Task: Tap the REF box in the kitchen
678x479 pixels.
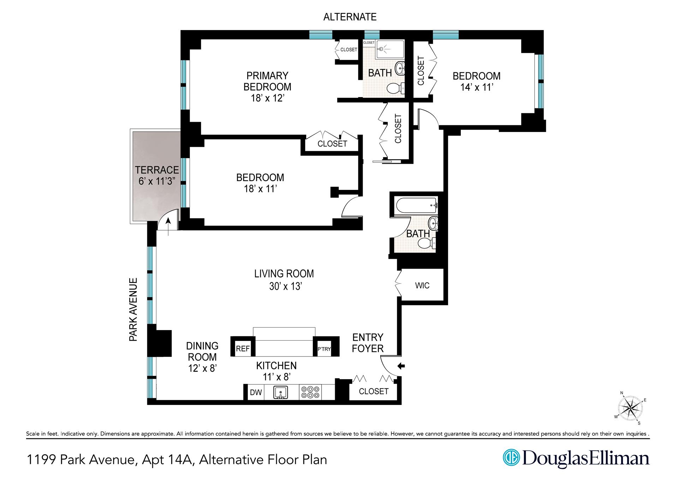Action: (x=243, y=349)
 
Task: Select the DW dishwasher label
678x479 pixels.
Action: (x=256, y=392)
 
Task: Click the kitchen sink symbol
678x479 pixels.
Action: (x=281, y=393)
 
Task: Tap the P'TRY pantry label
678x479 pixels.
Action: (x=324, y=349)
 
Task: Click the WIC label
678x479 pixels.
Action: (x=422, y=285)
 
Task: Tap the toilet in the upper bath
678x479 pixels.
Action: (x=396, y=88)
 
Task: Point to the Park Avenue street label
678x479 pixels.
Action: (x=133, y=310)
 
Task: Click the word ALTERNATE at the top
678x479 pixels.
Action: (x=350, y=17)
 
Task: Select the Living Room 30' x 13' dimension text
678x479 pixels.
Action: (x=285, y=286)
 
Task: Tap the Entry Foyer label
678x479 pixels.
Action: (x=368, y=343)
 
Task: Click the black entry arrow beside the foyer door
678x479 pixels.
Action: (x=401, y=366)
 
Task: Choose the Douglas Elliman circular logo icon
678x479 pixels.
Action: (x=511, y=457)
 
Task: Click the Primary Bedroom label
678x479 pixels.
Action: (x=267, y=81)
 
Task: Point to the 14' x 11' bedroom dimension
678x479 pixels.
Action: (x=476, y=87)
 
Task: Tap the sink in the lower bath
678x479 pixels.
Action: (x=433, y=223)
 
